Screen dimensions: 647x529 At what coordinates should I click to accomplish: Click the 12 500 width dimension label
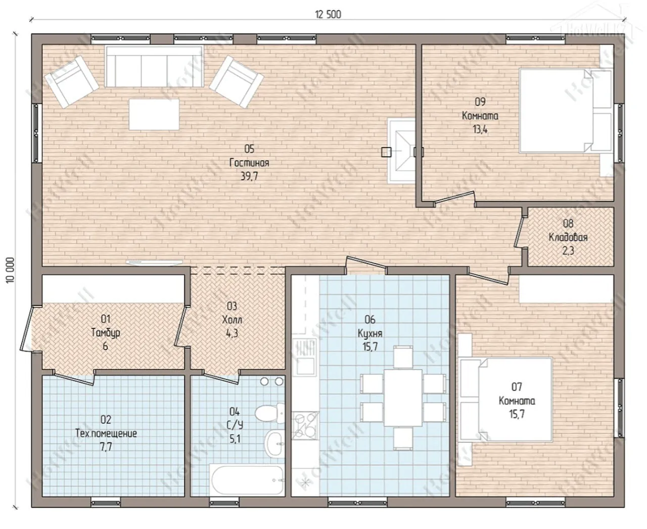328,14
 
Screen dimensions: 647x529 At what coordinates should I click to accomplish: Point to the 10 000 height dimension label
10,270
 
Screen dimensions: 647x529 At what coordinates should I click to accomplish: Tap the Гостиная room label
249,162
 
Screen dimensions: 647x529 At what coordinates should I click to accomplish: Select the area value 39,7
249,176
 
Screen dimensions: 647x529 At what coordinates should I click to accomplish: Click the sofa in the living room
154,67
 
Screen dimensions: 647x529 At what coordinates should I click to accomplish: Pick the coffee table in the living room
154,114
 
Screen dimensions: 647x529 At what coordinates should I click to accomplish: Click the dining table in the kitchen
403,398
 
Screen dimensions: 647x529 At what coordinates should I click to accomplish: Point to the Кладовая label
568,237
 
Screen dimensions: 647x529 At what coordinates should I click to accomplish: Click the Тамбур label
106,332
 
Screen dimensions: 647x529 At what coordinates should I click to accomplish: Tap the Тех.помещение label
106,433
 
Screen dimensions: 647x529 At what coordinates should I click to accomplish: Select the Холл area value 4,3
232,333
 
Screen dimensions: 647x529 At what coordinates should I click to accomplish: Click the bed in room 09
566,111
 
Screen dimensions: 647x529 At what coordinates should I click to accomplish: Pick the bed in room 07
505,400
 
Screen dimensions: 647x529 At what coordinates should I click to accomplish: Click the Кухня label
370,333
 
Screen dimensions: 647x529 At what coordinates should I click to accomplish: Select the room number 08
568,224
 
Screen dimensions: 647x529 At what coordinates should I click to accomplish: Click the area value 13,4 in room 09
480,129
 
